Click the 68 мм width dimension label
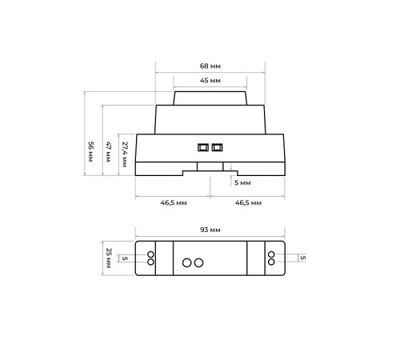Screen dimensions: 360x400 coord(210,66)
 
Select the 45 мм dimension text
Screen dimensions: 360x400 coord(210,82)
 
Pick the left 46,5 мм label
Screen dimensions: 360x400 coord(174,203)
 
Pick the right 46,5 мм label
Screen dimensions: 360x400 coord(248,203)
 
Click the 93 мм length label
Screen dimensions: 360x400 coord(210,230)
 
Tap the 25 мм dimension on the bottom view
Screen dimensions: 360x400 coord(110,258)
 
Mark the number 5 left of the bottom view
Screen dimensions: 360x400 coord(126,258)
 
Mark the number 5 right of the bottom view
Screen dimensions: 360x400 coord(302,258)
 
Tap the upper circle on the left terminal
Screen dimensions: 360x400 coord(150,254)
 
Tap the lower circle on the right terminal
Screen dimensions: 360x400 coord(271,262)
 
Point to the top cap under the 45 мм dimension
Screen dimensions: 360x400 coord(210,99)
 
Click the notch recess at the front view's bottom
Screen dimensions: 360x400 coord(210,169)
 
